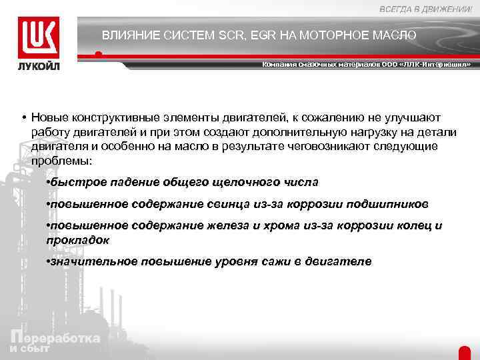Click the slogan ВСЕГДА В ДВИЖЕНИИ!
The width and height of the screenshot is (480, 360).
[x=426, y=8]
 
